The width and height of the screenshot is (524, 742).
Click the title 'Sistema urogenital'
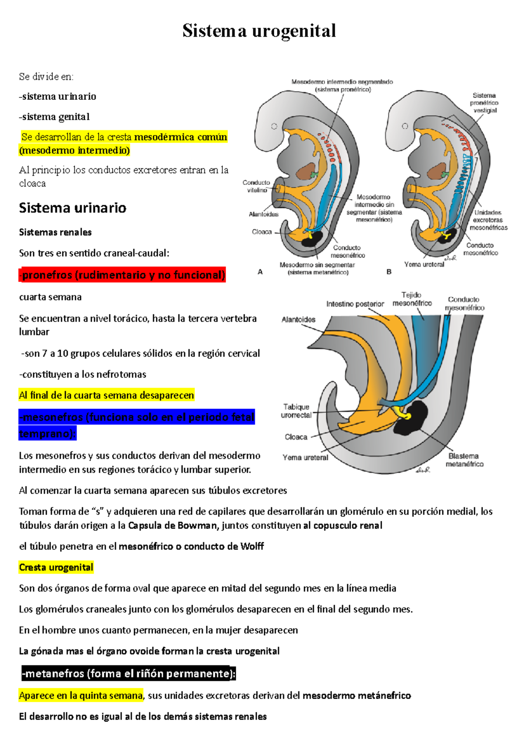(259, 31)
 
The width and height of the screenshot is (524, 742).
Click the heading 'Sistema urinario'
(72, 208)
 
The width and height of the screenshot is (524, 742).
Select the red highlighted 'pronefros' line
(122, 275)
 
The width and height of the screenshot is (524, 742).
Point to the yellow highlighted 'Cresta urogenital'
(56, 567)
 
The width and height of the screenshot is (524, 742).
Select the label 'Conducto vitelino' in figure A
(256, 186)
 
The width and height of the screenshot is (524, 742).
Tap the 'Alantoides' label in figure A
(263, 214)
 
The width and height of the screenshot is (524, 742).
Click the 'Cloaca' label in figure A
(262, 232)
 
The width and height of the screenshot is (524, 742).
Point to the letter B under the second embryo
(389, 272)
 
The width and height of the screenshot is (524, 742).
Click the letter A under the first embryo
(260, 272)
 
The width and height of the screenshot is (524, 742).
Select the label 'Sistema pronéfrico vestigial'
(484, 103)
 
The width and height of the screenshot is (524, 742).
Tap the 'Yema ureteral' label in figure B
(424, 264)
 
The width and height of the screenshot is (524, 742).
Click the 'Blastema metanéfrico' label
(464, 460)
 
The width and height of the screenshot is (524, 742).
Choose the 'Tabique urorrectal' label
(296, 411)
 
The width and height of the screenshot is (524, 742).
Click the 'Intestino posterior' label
(355, 304)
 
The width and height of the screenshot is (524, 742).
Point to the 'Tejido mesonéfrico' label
(412, 299)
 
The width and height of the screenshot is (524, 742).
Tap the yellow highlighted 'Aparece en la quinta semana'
(81, 695)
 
